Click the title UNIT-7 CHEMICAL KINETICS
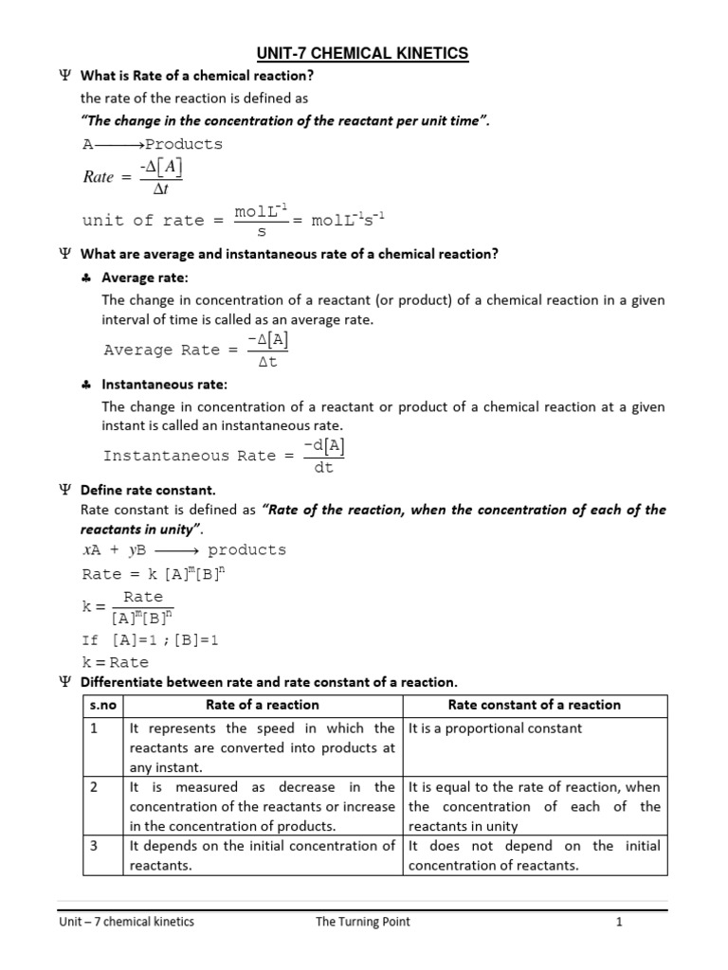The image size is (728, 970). click(x=364, y=54)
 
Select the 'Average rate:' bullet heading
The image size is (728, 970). click(x=145, y=278)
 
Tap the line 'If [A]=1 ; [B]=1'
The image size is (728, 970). click(x=151, y=640)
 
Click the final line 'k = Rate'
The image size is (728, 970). click(x=116, y=662)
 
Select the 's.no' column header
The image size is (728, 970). click(x=100, y=705)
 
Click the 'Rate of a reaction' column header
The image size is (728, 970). click(x=263, y=705)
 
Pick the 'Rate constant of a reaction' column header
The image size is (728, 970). click(x=535, y=705)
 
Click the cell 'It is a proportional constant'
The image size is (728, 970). click(x=495, y=728)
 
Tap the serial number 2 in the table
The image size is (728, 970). click(x=94, y=787)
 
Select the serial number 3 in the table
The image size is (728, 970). click(x=94, y=846)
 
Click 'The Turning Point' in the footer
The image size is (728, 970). click(x=363, y=922)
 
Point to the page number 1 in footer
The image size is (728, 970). click(x=618, y=922)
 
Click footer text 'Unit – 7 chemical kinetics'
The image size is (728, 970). click(x=126, y=922)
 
